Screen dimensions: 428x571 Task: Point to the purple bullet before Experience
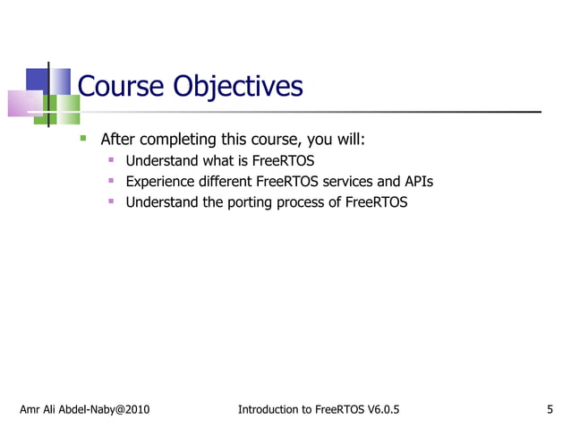tap(111, 182)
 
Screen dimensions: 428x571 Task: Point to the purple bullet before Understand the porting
tap(111, 202)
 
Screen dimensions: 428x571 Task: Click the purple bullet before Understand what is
tap(111, 161)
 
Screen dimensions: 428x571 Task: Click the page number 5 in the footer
tap(550, 410)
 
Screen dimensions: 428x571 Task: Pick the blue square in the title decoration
tap(36, 80)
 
